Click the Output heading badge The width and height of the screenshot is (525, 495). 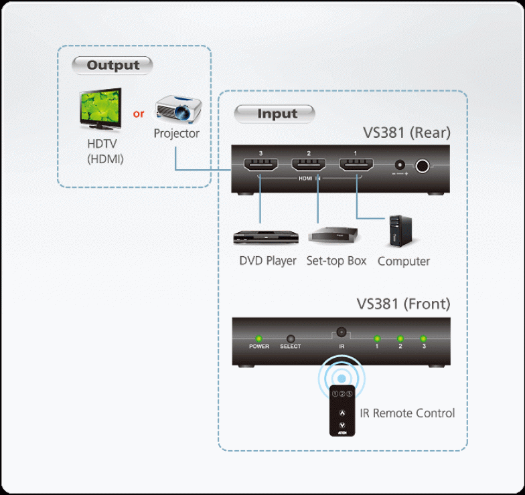112,66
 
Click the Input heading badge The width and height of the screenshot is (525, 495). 275,114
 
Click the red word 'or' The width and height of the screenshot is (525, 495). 139,114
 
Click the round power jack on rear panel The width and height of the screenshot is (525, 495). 423,166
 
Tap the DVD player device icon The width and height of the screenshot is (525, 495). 264,237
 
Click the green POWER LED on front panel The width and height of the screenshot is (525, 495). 258,337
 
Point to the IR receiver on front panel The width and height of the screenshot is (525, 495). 342,331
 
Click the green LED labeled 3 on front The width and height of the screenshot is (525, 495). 423,338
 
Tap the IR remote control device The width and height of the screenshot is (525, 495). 342,411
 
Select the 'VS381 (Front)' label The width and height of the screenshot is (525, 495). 403,304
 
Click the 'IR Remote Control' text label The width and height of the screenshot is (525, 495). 407,413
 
